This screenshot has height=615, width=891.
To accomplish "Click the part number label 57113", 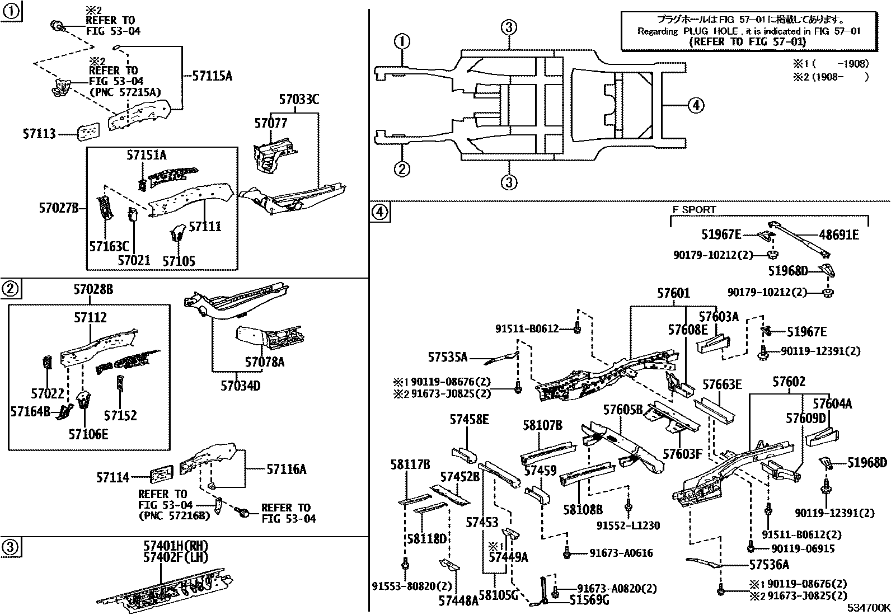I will [39, 134].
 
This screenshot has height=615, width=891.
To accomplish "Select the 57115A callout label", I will [212, 76].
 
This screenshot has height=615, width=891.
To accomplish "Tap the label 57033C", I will [299, 100].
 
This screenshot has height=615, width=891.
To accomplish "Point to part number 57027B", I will [59, 208].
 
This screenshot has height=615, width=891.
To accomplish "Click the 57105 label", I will [179, 261].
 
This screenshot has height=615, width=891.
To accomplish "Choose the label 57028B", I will [93, 289].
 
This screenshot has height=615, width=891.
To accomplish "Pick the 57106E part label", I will [88, 433].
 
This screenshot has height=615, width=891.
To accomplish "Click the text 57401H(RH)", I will [176, 546].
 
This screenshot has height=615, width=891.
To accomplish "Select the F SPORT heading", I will [694, 210].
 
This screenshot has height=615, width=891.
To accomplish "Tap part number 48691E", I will [838, 235].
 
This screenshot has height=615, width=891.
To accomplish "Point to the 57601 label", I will [673, 293].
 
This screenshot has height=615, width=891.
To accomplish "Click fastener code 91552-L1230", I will [628, 525].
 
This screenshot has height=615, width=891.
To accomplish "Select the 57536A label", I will [769, 565].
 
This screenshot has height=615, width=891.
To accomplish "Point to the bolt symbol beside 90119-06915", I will [749, 548].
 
